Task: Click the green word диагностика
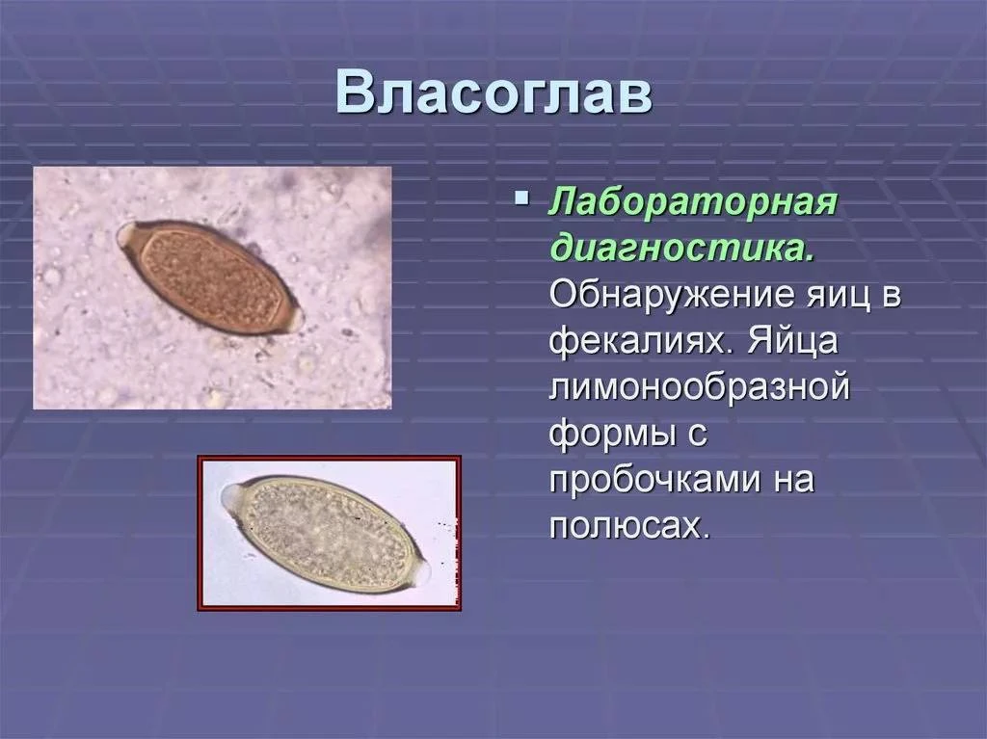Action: point(682,248)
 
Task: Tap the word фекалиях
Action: point(642,340)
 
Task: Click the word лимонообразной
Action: point(700,386)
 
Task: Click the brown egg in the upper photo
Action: point(209,277)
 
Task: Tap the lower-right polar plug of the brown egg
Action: point(295,320)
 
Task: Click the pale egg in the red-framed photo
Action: point(328,536)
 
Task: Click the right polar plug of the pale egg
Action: point(421,570)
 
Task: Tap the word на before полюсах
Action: point(794,480)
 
